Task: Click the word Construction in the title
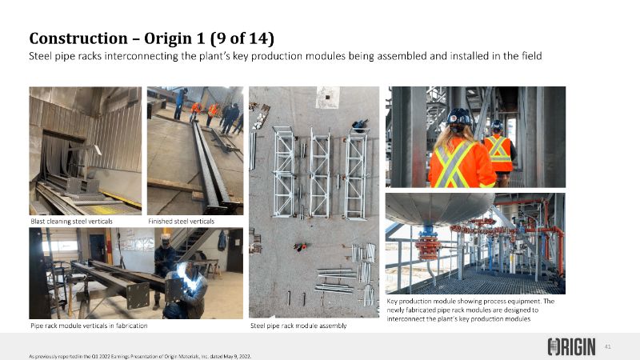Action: coord(78,38)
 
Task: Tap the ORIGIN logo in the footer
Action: coord(571,346)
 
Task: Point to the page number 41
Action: coord(607,347)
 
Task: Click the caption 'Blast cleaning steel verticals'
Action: coord(71,222)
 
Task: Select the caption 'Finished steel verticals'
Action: coord(182,222)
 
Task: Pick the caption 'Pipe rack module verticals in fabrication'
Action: coord(89,326)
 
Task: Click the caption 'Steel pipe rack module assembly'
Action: coord(298,326)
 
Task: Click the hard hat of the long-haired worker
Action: coord(458,117)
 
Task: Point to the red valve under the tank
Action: coord(427,247)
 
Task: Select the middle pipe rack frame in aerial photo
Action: coord(320,174)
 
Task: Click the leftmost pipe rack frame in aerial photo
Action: coord(284,171)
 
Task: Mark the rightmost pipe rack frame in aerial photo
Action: coord(356,174)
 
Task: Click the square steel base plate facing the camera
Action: coord(138,296)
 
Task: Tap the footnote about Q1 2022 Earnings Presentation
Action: coord(140,356)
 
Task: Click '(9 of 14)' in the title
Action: coord(242,38)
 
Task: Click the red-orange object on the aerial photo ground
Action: coord(301,246)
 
